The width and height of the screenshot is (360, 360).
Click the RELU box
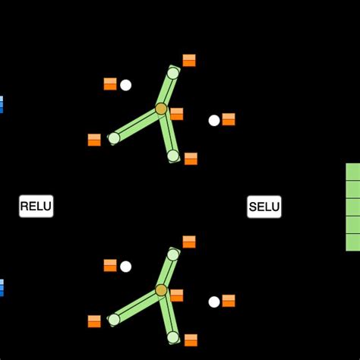(36, 206)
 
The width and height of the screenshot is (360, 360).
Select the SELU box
(264, 207)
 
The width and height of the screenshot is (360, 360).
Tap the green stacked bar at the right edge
(352, 207)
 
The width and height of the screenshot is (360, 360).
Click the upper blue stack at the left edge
(2, 104)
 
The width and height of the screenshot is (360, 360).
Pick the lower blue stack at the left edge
(2, 287)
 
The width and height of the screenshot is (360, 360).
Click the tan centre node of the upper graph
(161, 109)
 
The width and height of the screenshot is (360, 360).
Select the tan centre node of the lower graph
(161, 290)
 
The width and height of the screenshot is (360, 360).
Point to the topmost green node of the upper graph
(173, 73)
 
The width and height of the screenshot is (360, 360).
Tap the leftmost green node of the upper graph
(114, 138)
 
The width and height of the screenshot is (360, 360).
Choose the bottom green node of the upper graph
(173, 156)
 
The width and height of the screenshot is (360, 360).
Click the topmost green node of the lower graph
(173, 254)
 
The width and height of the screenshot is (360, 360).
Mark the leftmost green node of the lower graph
(114, 320)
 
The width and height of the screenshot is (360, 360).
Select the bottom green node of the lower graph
(173, 337)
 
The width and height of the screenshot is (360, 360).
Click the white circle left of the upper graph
(125, 85)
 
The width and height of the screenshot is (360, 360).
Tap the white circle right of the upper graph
(214, 120)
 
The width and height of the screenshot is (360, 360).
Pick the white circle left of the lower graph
(125, 267)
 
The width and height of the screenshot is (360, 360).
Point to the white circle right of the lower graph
(214, 302)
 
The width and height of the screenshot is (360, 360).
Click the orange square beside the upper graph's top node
(189, 60)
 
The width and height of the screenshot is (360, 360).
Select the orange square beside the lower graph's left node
(94, 321)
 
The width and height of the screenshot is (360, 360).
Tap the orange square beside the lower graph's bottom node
(191, 340)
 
